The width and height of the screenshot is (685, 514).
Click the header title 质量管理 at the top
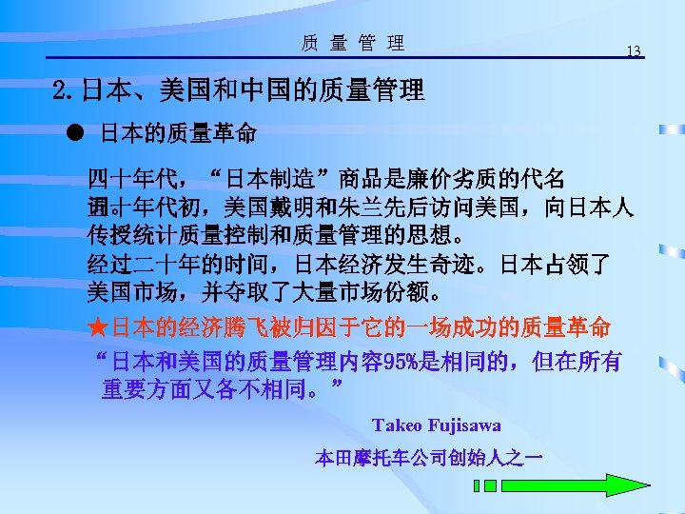352,43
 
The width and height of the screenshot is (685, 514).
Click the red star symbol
97,327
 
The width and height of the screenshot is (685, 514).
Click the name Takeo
400,425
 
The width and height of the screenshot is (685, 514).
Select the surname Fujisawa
465,425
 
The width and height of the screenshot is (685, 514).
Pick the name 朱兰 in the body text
369,208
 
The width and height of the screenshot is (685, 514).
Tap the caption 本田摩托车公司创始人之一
429,459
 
